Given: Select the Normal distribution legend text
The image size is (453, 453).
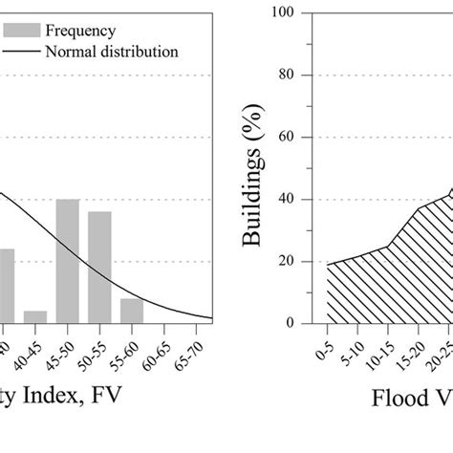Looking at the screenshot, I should (x=111, y=51).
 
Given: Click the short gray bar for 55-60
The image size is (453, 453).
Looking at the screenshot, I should (x=132, y=311).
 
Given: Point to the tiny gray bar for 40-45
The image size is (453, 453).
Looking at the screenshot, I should (x=35, y=317).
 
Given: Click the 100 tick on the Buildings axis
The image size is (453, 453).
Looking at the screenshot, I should (x=306, y=13).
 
